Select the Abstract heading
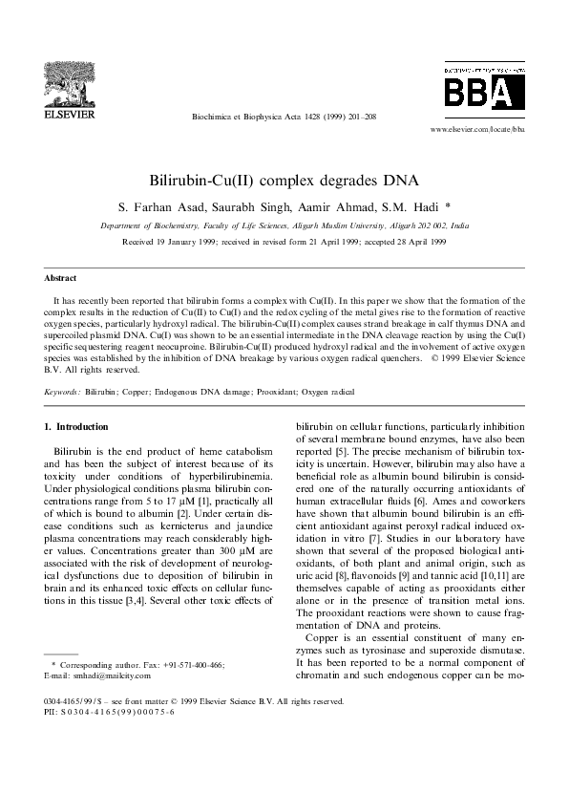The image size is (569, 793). [x=60, y=278]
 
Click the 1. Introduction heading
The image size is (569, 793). [x=76, y=425]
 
